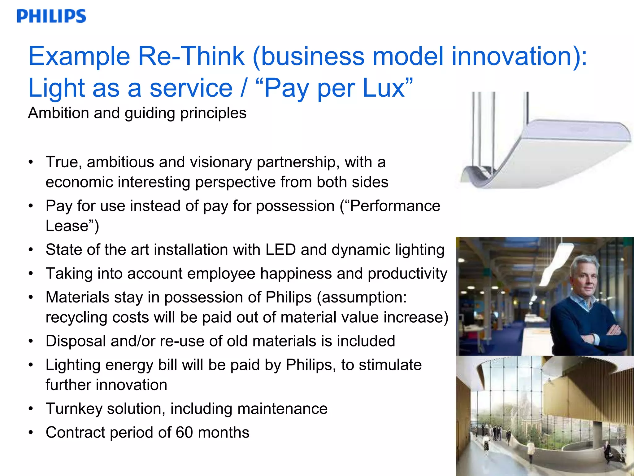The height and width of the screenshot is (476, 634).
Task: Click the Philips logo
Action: coord(51,16)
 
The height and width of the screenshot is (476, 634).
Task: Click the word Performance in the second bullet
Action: coord(395,206)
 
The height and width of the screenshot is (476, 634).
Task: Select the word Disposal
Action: coord(76,341)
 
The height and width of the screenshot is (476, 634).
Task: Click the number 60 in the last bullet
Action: coord(184,433)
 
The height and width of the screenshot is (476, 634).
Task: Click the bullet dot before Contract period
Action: coord(30,433)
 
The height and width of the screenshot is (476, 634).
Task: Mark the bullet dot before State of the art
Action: coord(30,250)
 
